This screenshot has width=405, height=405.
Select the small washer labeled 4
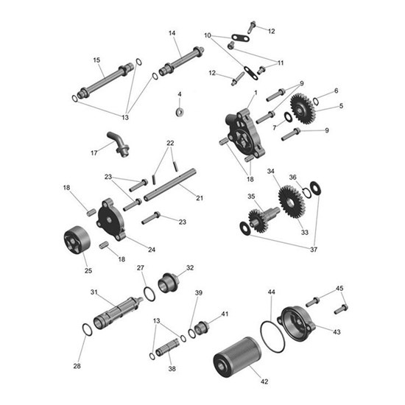179,112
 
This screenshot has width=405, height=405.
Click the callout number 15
96,60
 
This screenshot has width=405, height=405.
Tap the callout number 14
172,33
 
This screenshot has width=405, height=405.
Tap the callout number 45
339,288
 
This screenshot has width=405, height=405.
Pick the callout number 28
77,366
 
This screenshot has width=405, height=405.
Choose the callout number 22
170,142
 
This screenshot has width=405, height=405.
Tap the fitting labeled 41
202,325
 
